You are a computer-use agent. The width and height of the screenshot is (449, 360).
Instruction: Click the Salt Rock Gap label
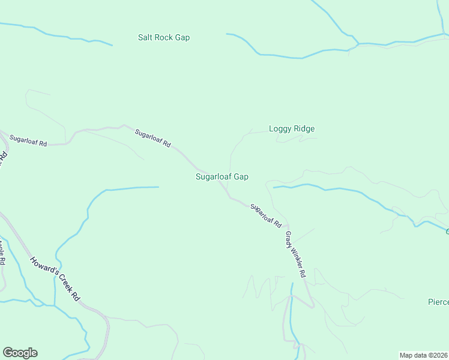(163, 37)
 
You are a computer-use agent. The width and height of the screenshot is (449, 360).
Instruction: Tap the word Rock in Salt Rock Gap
(164, 37)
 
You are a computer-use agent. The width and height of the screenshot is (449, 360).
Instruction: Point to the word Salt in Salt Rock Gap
(145, 37)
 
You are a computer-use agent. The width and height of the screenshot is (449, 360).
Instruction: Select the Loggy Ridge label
(292, 128)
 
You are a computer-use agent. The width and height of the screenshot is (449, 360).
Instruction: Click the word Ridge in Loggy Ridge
(304, 128)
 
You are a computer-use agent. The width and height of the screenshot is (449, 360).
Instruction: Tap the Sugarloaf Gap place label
(222, 176)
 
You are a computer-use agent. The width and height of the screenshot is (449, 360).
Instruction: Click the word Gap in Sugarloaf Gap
(241, 177)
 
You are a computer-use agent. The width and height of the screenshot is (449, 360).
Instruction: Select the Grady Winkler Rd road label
(296, 254)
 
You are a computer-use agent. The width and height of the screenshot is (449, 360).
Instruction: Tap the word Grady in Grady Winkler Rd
(289, 238)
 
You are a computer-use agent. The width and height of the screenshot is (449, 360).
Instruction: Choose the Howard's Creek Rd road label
(55, 278)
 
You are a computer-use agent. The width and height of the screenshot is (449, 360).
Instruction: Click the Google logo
(20, 353)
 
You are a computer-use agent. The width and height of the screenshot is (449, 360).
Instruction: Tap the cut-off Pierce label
(438, 301)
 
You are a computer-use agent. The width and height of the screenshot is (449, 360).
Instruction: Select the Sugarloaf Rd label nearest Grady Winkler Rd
(266, 215)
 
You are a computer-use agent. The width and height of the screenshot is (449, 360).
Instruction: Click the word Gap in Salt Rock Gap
(182, 38)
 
